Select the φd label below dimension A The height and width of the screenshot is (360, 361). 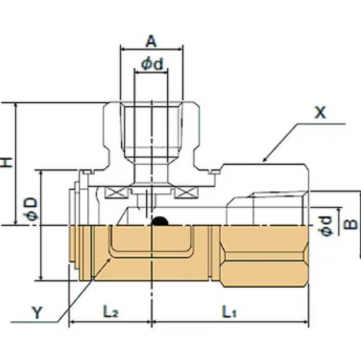152,63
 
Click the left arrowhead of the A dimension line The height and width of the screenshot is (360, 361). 124,50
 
